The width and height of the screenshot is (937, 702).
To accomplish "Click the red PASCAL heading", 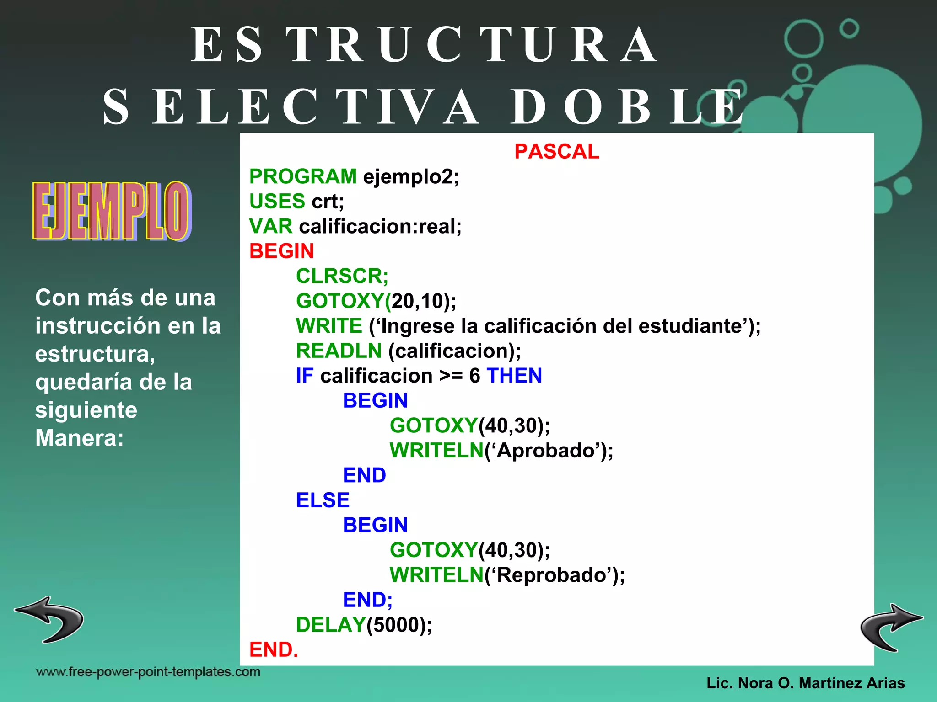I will coord(556,152).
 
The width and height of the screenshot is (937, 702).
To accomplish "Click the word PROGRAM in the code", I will coord(303,177).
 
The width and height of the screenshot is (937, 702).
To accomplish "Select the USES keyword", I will coord(277,202).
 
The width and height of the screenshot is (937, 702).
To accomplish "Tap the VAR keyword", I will coord(270,227).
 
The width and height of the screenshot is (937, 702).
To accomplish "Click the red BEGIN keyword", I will coord(281,251).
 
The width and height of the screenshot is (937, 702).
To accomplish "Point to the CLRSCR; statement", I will coord(342,276).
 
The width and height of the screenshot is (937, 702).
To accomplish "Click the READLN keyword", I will coord(339,351).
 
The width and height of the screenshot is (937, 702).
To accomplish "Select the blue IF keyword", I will coord(304,376).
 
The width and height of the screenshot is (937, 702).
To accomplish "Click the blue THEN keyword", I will coord(514,376).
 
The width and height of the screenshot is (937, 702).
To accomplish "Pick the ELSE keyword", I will coord(323,500).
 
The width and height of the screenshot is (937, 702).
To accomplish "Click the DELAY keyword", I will coord(330,625).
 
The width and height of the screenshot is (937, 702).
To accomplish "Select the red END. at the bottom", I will coord(273,650).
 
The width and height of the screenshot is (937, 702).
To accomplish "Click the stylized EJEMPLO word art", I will coord(111,211).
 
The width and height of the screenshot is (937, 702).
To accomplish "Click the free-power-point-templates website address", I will coord(148,672).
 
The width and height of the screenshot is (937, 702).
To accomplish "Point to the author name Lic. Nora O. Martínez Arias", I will coord(805,683).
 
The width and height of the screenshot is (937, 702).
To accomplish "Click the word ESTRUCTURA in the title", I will coord(423,45).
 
